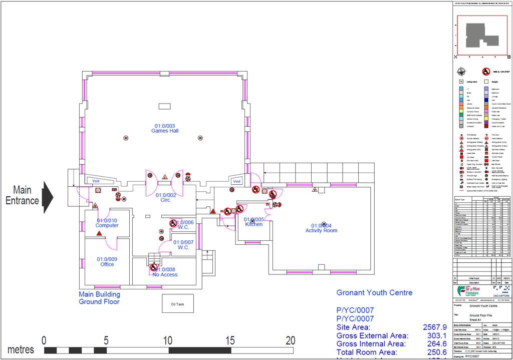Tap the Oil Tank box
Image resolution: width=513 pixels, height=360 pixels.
(x=178, y=304)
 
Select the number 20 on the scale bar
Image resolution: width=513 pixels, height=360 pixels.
(x=290, y=340)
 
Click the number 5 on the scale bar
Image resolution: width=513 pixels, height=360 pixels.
(x=106, y=340)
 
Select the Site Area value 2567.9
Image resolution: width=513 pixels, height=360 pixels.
(x=434, y=327)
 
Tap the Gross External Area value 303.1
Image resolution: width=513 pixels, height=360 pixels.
(x=434, y=335)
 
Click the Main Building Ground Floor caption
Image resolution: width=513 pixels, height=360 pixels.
(x=99, y=298)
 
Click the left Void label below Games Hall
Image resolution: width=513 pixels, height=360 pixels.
(x=96, y=181)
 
